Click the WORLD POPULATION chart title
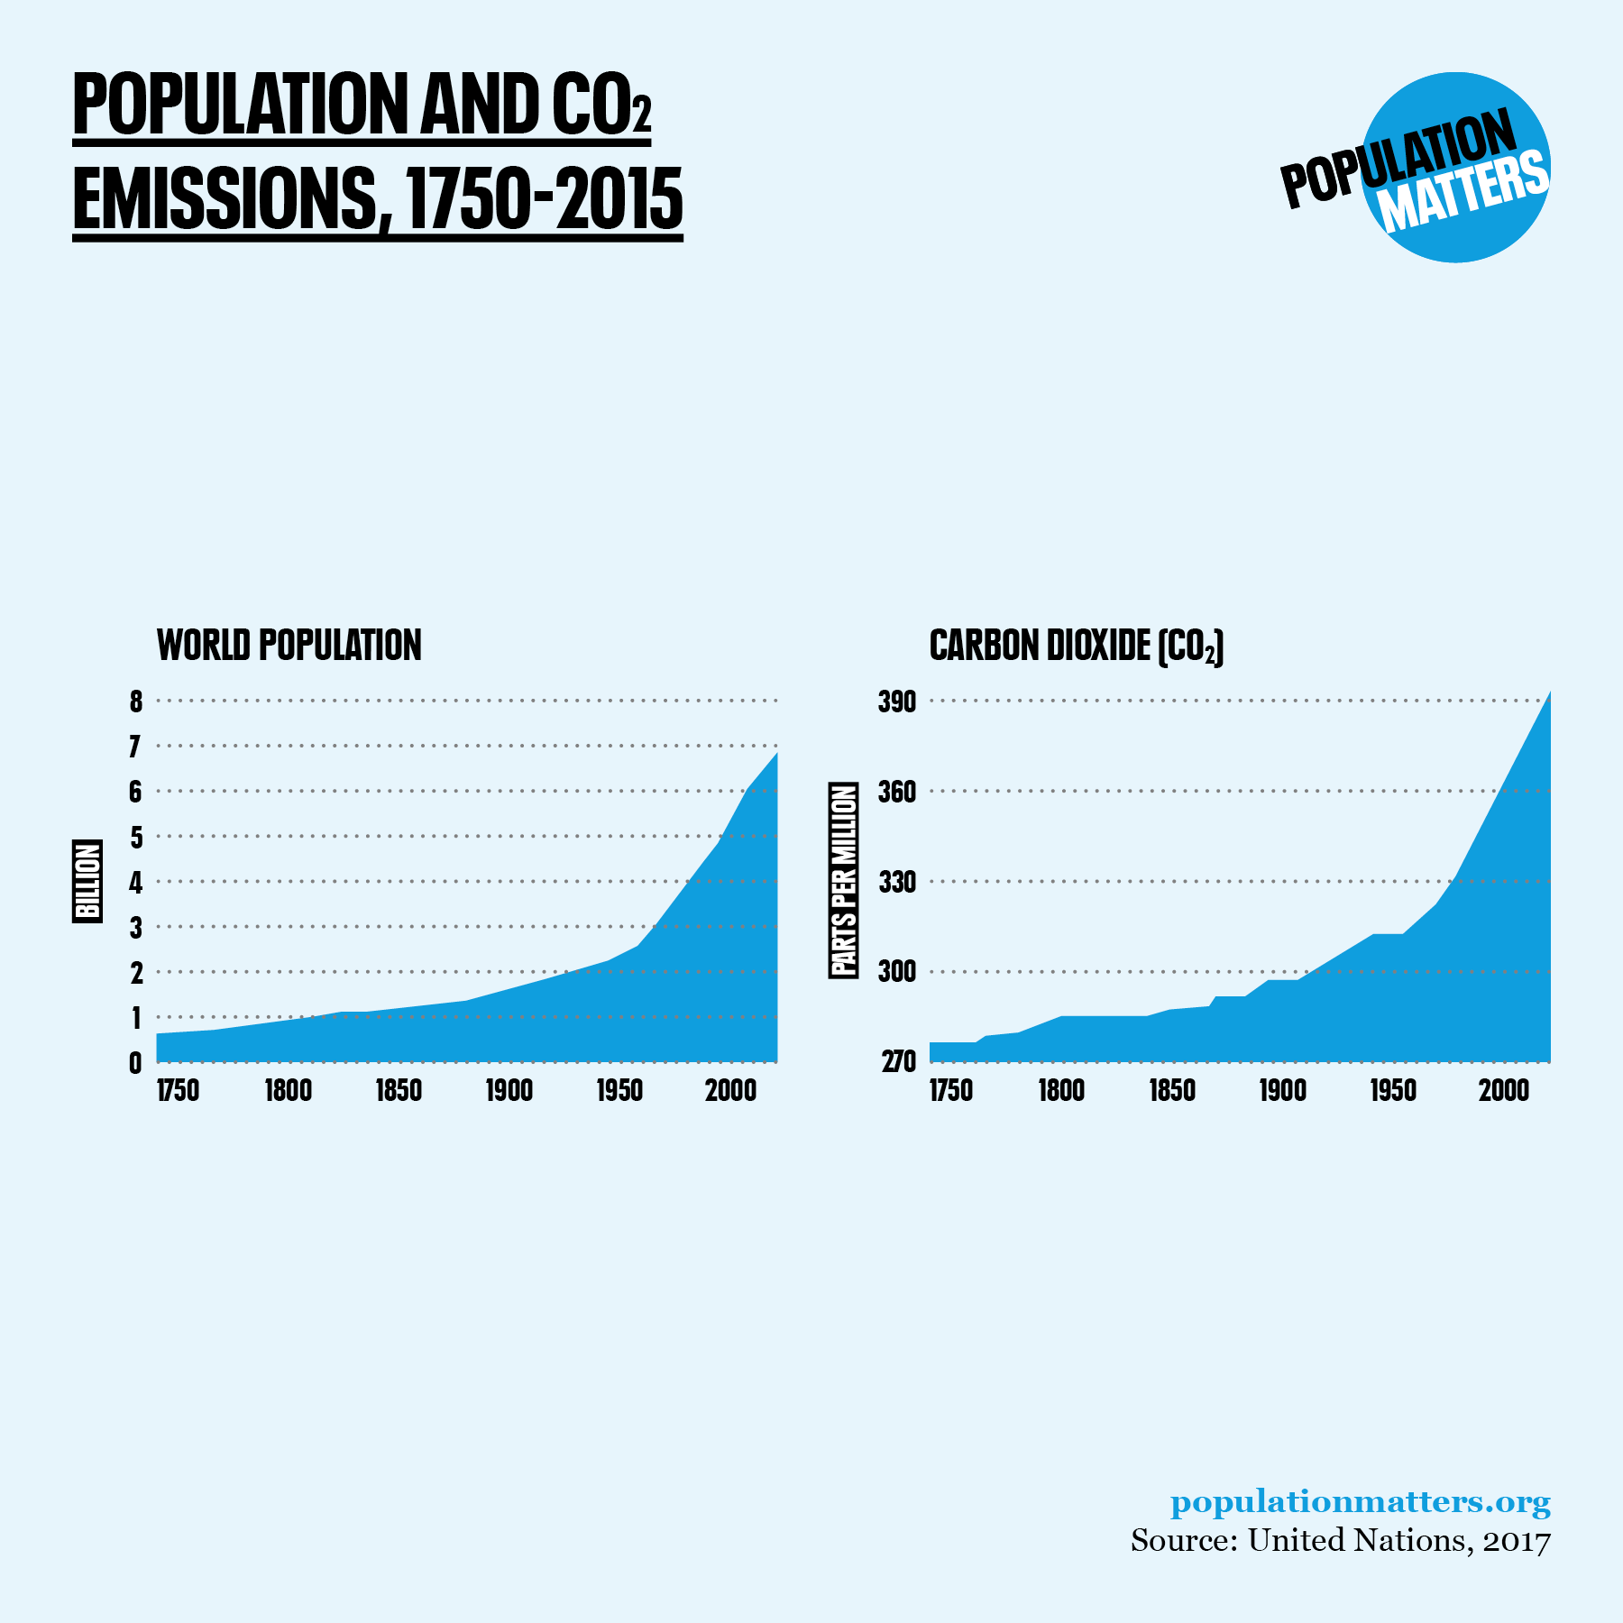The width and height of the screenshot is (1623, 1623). [x=289, y=646]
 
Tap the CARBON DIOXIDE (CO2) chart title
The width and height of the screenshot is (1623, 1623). [x=1076, y=646]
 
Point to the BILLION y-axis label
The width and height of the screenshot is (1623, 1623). [x=87, y=881]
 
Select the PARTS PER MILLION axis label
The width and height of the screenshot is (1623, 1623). [x=843, y=880]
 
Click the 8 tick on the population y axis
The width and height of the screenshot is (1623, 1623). [x=136, y=701]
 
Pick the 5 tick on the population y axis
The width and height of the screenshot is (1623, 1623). [x=136, y=837]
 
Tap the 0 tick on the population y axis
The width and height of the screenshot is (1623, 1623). [x=136, y=1063]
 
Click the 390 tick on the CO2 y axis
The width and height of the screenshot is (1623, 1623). [x=896, y=701]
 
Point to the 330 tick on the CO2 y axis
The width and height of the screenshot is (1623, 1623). [x=896, y=881]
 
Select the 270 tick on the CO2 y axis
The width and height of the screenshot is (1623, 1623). [x=898, y=1062]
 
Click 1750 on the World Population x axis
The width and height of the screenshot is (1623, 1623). [x=178, y=1090]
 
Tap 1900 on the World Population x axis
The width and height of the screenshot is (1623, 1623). [x=509, y=1090]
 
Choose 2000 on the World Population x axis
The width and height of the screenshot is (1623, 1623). [x=730, y=1090]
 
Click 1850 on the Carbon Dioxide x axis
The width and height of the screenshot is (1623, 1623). [x=1171, y=1090]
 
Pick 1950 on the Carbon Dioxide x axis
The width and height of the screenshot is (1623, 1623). [x=1393, y=1090]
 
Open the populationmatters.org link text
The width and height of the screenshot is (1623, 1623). [x=1360, y=1502]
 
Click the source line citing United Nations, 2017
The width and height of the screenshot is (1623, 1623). [x=1340, y=1540]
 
